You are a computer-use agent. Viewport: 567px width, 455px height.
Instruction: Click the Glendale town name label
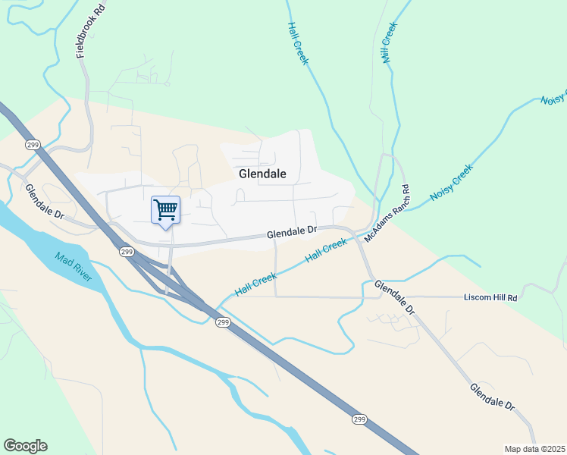(262, 174)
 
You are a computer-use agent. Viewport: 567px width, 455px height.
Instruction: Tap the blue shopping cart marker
(165, 209)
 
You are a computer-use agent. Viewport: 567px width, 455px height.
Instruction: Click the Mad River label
(73, 268)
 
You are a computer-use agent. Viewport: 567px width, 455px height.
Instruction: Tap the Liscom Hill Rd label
(490, 298)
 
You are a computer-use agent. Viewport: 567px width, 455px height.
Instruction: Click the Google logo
(25, 446)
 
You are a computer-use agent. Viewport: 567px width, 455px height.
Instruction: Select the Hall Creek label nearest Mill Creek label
(297, 42)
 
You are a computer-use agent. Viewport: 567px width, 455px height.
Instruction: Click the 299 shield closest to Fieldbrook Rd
(32, 144)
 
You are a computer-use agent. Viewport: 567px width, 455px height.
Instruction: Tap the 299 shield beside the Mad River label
(127, 252)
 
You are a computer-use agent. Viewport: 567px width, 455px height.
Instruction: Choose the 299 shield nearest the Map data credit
(360, 419)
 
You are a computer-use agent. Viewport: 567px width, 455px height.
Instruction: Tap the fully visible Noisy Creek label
(451, 183)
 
